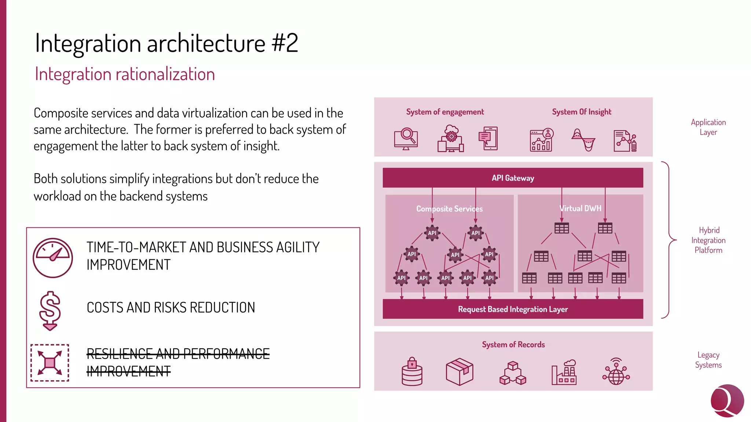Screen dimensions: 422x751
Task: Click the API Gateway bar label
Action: [513, 178]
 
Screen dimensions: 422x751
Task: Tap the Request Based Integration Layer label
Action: [513, 309]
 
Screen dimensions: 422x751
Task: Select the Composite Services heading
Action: [449, 209]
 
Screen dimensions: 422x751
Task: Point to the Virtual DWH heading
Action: [580, 208]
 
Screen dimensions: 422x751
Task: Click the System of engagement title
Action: [445, 112]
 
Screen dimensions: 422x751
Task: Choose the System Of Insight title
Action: [582, 112]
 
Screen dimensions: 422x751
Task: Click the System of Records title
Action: [513, 345]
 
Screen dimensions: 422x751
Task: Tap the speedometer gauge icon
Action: [53, 258]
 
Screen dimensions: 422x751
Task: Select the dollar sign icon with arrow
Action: [50, 311]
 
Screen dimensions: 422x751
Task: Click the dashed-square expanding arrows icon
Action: [50, 363]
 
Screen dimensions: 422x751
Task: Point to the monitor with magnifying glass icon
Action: [406, 139]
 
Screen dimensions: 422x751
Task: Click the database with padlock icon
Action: [412, 371]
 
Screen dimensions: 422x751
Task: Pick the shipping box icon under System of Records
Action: [459, 371]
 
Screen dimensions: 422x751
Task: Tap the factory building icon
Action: [564, 372]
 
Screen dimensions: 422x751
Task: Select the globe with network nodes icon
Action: [616, 371]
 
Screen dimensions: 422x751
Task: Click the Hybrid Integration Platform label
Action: [708, 240]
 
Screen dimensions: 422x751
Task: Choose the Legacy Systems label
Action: [708, 360]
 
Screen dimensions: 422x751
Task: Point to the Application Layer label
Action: [708, 127]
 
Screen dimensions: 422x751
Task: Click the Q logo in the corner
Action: [727, 401]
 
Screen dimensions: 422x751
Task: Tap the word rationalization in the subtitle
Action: [165, 74]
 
